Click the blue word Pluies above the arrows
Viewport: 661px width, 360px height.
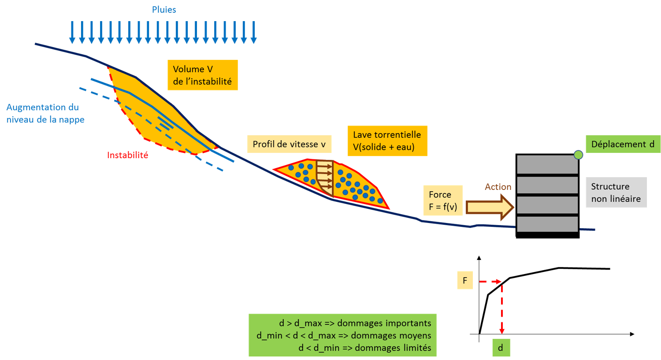(x=164, y=10)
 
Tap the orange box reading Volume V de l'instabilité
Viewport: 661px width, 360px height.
(x=203, y=75)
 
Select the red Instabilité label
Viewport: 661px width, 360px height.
(x=127, y=155)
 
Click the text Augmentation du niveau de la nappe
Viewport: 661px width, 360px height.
(x=45, y=113)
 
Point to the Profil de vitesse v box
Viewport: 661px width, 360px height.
(x=289, y=144)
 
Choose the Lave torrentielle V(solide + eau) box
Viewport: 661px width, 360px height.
(x=387, y=141)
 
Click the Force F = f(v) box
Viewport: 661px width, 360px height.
(x=443, y=200)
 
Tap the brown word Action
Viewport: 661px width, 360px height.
(x=498, y=187)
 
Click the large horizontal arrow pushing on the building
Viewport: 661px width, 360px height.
(x=490, y=207)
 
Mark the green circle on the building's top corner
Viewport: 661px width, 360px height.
(x=578, y=155)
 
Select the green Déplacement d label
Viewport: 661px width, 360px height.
(x=623, y=144)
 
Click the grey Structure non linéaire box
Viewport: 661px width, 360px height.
(x=616, y=193)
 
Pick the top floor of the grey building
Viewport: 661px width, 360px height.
(x=547, y=164)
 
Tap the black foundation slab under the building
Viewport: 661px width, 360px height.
(x=548, y=235)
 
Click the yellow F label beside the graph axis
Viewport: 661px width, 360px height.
(x=465, y=280)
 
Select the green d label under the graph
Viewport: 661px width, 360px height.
(x=501, y=348)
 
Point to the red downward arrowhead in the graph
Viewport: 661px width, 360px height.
(x=501, y=331)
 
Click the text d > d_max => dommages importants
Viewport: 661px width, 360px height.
(x=355, y=323)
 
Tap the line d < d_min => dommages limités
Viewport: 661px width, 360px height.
(x=365, y=348)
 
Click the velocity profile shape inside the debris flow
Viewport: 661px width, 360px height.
(x=325, y=178)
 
